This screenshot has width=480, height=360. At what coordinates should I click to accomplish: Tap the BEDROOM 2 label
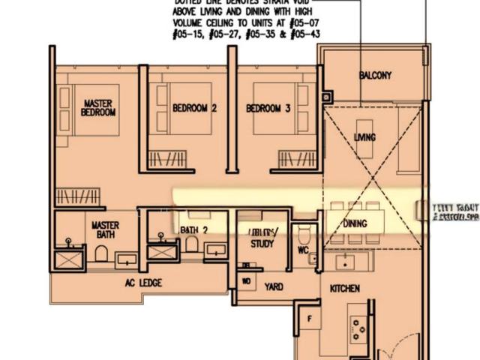pos(195,108)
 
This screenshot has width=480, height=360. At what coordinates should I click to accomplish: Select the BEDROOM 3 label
pos(268,108)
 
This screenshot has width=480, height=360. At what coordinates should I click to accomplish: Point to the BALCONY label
pos(375,76)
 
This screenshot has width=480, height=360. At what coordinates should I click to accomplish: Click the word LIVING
pos(364,137)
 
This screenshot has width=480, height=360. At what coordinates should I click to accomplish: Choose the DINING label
pos(355,223)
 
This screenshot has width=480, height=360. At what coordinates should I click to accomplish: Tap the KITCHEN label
pos(344,288)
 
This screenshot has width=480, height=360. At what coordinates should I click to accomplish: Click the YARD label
pos(274,286)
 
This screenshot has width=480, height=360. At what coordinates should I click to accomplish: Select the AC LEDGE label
pos(143,283)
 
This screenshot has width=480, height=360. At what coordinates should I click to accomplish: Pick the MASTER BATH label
pos(106,229)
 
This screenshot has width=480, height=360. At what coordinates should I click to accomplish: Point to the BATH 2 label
pos(193,229)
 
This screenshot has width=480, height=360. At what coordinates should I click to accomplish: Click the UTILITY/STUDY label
pos(262,238)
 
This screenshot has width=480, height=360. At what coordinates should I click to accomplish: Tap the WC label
pos(303,250)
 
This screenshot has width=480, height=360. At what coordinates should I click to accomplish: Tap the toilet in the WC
pos(304,233)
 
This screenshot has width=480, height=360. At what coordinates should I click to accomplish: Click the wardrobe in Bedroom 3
pos(293,159)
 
